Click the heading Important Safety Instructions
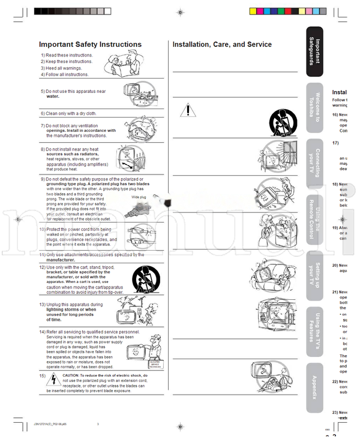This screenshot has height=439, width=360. (x=90, y=44)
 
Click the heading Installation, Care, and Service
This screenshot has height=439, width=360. (x=222, y=44)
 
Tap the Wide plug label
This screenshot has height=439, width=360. (x=139, y=196)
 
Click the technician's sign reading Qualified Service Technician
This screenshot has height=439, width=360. (x=155, y=363)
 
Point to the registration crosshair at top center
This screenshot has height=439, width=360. (x=180, y=11)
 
